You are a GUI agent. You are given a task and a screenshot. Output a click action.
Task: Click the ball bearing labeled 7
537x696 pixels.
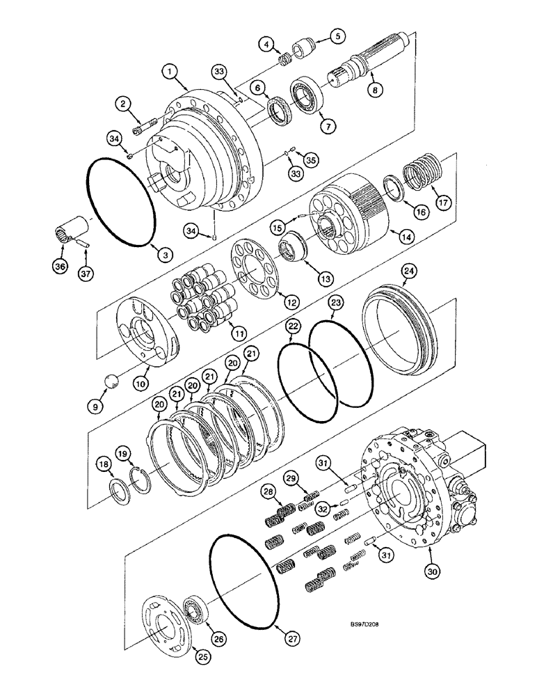(x=305, y=95)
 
